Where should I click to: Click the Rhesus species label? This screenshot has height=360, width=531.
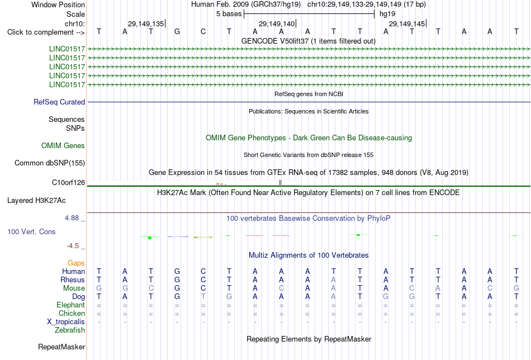[73, 280]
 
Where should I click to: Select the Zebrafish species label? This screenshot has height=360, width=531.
[70, 330]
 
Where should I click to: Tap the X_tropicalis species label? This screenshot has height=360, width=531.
[66, 322]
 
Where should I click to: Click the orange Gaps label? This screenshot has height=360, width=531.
[76, 263]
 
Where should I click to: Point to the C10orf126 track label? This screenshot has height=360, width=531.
[68, 183]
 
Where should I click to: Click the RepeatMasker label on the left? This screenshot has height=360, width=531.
[61, 347]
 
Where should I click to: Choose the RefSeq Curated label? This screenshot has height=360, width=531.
[59, 102]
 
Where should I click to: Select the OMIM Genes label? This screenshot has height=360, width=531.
[63, 146]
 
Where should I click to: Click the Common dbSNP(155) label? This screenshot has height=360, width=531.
[50, 163]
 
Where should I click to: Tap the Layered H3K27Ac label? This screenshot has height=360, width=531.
[36, 201]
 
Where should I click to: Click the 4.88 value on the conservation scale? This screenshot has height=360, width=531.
[72, 218]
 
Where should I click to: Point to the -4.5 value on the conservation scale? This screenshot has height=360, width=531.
[73, 246]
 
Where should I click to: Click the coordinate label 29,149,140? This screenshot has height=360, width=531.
[277, 23]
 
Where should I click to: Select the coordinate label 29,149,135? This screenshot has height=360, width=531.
[146, 23]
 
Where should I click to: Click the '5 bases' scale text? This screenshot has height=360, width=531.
[229, 14]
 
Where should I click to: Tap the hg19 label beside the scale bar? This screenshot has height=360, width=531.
[387, 14]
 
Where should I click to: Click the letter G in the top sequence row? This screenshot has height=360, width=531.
[177, 31]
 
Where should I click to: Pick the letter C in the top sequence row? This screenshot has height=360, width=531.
[203, 31]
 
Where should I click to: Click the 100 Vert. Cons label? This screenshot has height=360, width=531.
[31, 231]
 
